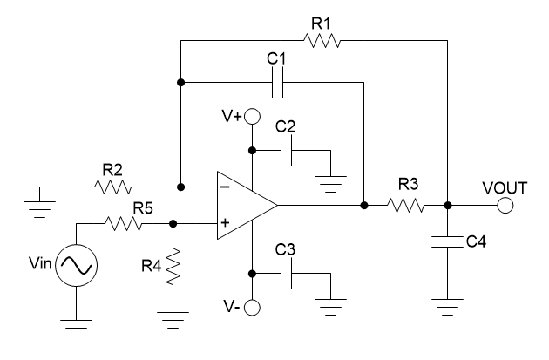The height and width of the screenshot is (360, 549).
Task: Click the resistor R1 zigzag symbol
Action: pos(323,39)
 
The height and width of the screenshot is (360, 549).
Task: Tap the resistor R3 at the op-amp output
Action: pos(406,206)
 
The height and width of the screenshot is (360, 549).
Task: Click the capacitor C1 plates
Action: pos(278,83)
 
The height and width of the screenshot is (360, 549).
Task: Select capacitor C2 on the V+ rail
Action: pos(288,151)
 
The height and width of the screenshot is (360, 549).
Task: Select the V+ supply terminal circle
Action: pos(253,116)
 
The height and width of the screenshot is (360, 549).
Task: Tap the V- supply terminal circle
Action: pos(253,307)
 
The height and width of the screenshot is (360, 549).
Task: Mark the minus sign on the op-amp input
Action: pos(226,187)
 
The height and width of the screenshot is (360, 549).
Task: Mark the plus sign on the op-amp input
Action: pos(226,224)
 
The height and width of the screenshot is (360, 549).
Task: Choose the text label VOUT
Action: pos(505,187)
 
